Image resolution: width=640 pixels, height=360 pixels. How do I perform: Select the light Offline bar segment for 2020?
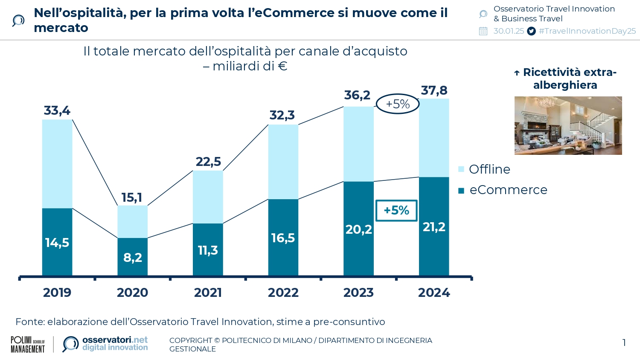pos(132,221)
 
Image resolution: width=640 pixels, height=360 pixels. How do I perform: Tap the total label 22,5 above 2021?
pos(208,162)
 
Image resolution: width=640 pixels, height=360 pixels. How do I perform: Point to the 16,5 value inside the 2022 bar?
pos(283,238)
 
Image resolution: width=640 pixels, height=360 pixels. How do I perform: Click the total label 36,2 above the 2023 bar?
pos(357,95)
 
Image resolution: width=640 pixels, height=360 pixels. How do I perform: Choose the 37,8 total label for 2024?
pos(434,90)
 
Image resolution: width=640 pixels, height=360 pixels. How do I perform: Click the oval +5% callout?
pos(398,104)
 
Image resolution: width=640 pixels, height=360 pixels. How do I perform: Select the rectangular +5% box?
pos(396,210)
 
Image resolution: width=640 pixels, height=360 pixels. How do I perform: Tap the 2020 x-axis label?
pos(132,293)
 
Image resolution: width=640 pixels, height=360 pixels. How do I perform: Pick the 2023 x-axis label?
pos(358,293)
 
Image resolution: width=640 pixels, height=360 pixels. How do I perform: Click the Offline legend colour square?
pos(461,169)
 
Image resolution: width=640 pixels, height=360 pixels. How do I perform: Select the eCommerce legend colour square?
pos(461,190)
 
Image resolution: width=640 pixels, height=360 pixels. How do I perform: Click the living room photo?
pos(568,125)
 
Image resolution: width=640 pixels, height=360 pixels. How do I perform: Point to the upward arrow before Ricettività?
pos(517,73)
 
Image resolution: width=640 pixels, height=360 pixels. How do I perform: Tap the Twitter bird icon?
pos(531,31)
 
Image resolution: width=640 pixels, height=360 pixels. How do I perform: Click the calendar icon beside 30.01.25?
pos(483,31)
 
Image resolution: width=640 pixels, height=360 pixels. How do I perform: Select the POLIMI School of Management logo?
pos(28,344)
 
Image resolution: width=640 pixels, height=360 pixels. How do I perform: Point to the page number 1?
pos(624,343)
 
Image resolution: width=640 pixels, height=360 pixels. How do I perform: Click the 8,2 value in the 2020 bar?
pos(132,258)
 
